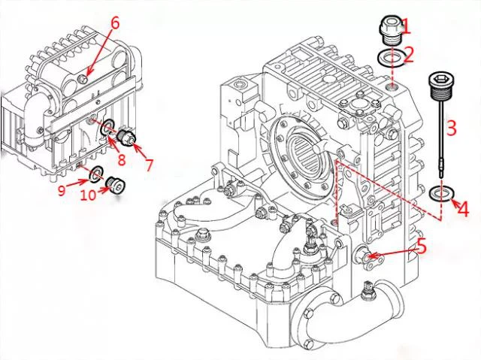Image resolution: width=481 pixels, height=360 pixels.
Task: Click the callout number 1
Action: (x=407, y=26)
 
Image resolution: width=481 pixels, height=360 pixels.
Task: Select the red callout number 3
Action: (x=451, y=128)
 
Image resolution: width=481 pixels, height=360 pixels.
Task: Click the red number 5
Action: (x=422, y=246)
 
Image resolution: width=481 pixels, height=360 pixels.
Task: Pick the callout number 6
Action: (x=114, y=23)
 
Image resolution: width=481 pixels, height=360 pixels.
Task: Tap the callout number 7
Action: (x=149, y=164)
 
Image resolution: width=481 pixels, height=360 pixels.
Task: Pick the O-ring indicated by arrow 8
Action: (x=107, y=128)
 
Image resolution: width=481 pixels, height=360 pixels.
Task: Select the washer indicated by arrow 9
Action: (x=96, y=176)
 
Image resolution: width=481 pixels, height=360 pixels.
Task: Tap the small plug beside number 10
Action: (x=115, y=183)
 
